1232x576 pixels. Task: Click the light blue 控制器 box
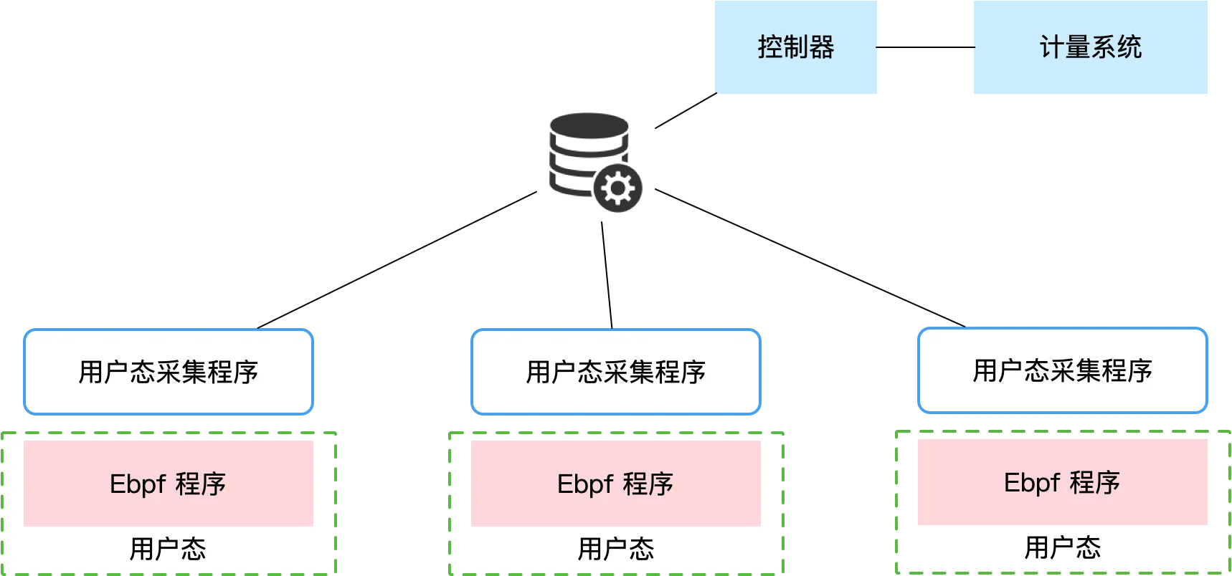pos(795,47)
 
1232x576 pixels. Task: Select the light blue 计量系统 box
pos(1089,47)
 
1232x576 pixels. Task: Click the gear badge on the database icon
pos(618,189)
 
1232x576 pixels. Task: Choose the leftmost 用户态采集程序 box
pos(169,371)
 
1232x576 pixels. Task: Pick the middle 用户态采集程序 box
pos(615,371)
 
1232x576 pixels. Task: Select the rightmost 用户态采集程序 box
pos(1062,370)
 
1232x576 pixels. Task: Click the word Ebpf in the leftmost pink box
pos(138,484)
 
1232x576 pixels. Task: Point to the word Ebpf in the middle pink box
pos(585,484)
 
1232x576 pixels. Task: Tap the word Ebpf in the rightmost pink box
pos(1032,483)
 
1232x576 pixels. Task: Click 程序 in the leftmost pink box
pos(201,484)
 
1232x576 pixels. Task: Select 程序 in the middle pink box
pos(648,484)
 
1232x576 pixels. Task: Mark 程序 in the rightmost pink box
pos(1095,483)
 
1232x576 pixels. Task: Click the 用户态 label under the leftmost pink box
pos(168,549)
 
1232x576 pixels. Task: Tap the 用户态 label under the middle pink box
pos(616,549)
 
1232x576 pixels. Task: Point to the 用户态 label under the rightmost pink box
pos(1062,548)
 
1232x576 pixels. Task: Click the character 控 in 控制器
pos(770,47)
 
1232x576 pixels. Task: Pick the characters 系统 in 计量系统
pos(1117,47)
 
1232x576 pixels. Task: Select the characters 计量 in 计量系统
pos(1065,47)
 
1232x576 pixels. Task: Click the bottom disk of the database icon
pos(570,183)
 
